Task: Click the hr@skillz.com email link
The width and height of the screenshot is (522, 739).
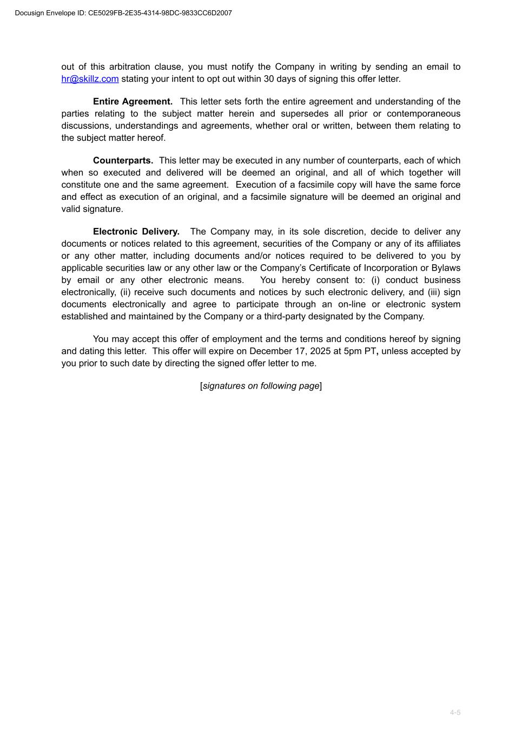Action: pos(90,79)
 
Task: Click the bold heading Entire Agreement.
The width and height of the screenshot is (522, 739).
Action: pos(133,102)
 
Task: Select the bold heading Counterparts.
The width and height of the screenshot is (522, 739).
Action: pos(123,161)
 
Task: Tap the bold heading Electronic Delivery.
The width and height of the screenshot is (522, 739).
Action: pos(136,232)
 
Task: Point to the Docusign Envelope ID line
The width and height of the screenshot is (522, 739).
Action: pos(123,13)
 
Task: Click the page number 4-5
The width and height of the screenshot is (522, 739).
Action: pos(455,712)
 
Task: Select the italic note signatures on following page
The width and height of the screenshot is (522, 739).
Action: pos(261,386)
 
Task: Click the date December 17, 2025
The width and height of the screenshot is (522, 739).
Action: pos(290,351)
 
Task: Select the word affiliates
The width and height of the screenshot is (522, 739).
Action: pos(442,244)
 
